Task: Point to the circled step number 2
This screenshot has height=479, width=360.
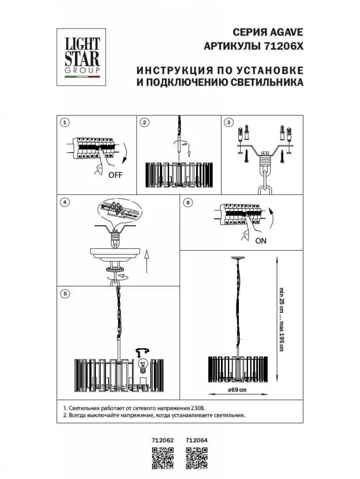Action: click(145, 123)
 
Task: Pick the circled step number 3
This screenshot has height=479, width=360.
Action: click(229, 123)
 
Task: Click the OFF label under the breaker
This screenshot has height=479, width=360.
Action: click(115, 175)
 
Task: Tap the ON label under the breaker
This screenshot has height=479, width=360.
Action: click(261, 241)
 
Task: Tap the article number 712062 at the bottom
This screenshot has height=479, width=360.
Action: click(163, 440)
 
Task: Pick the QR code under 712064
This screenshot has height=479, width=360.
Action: click(197, 457)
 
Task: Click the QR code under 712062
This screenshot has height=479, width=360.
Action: click(163, 457)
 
